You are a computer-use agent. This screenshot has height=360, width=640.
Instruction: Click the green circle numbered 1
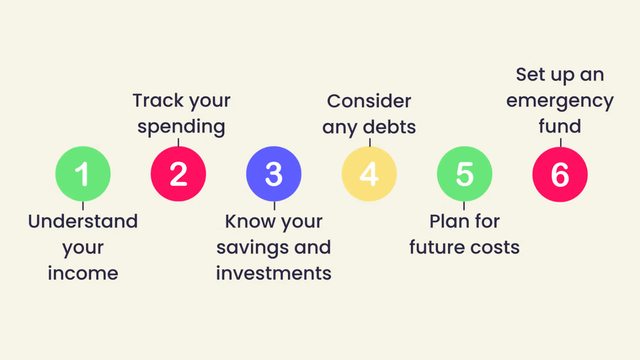tap(83, 174)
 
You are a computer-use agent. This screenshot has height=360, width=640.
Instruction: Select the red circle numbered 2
tap(178, 174)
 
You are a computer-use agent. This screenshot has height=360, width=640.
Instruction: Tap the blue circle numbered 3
tap(274, 174)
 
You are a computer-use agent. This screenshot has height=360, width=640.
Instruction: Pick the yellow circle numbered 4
tap(369, 174)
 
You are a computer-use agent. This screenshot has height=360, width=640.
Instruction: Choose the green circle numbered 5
tap(464, 174)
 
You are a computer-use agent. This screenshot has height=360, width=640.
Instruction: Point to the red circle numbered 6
tap(559, 174)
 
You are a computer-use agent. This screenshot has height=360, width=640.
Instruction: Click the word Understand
tap(83, 221)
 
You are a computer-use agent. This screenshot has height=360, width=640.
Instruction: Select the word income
tap(83, 273)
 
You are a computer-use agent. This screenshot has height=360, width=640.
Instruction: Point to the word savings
tap(247, 247)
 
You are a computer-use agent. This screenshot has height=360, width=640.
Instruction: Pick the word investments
tap(274, 273)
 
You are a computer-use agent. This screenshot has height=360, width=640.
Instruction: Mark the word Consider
tap(369, 100)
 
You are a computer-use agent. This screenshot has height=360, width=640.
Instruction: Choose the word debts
tap(390, 127)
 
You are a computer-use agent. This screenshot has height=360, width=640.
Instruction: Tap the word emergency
tap(559, 100)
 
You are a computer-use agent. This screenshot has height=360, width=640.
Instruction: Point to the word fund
tap(559, 126)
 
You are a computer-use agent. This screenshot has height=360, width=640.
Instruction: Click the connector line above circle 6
tap(560, 142)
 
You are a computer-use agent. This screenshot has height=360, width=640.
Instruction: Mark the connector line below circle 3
tap(274, 206)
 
